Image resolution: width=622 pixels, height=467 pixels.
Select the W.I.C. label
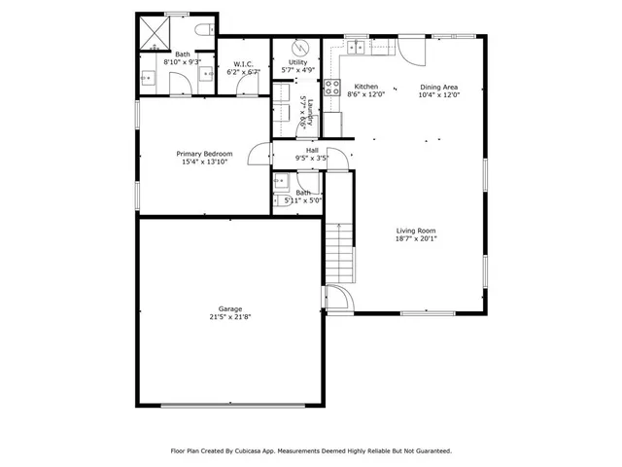[x=243, y=64]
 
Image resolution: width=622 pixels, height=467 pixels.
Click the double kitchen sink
[x=357, y=45]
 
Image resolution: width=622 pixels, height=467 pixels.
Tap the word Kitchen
[x=365, y=87]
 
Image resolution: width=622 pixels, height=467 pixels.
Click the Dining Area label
[x=438, y=87]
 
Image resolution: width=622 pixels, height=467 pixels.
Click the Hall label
[x=312, y=150]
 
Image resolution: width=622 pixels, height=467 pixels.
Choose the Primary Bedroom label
[x=204, y=154]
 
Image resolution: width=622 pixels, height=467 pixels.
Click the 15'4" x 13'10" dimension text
[x=204, y=162]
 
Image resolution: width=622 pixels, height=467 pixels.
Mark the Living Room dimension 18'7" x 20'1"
[x=415, y=239]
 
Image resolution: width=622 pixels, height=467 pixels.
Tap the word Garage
[x=230, y=307]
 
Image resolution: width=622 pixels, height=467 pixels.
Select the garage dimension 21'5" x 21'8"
[x=230, y=316]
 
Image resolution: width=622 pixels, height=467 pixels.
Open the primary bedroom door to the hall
[x=259, y=156]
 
